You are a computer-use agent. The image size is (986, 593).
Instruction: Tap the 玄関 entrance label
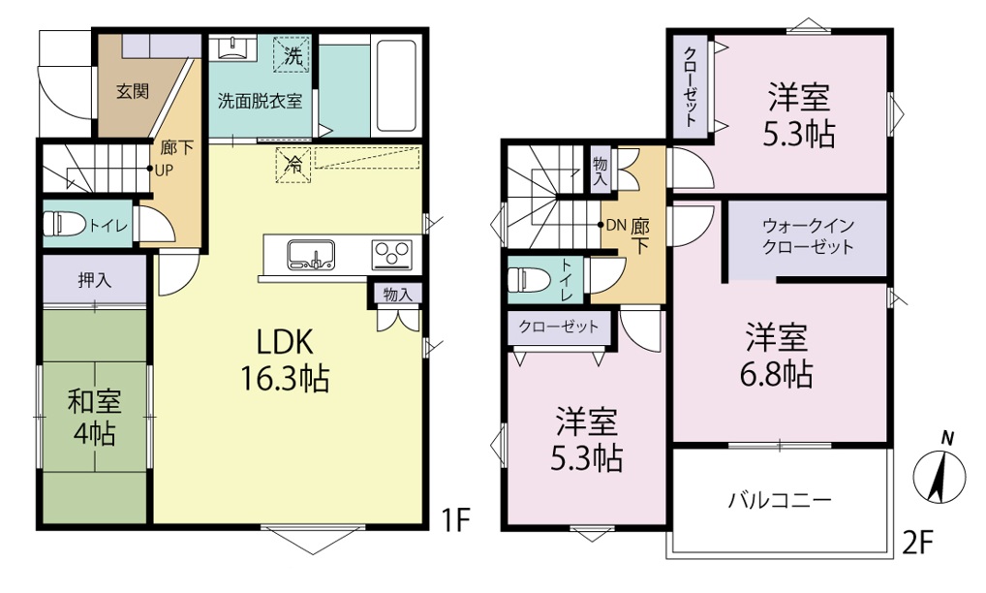(133, 91)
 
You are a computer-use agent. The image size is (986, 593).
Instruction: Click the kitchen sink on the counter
(311, 255)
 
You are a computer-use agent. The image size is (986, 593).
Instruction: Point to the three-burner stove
(391, 255)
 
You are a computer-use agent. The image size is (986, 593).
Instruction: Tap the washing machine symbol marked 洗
(292, 55)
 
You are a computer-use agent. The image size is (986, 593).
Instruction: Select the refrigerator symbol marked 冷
(293, 165)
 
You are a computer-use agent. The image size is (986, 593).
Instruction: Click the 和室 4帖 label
(94, 418)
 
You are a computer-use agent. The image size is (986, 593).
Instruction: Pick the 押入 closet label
(94, 280)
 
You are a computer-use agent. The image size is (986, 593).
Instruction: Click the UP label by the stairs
(164, 171)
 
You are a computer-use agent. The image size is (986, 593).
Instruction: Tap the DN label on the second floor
(615, 225)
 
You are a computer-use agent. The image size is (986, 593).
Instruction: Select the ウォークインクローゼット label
(808, 235)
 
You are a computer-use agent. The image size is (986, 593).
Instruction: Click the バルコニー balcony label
(780, 501)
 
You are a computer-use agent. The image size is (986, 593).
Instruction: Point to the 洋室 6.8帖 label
(777, 356)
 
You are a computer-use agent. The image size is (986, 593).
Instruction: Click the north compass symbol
(939, 467)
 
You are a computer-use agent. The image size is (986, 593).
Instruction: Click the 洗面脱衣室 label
(260, 101)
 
